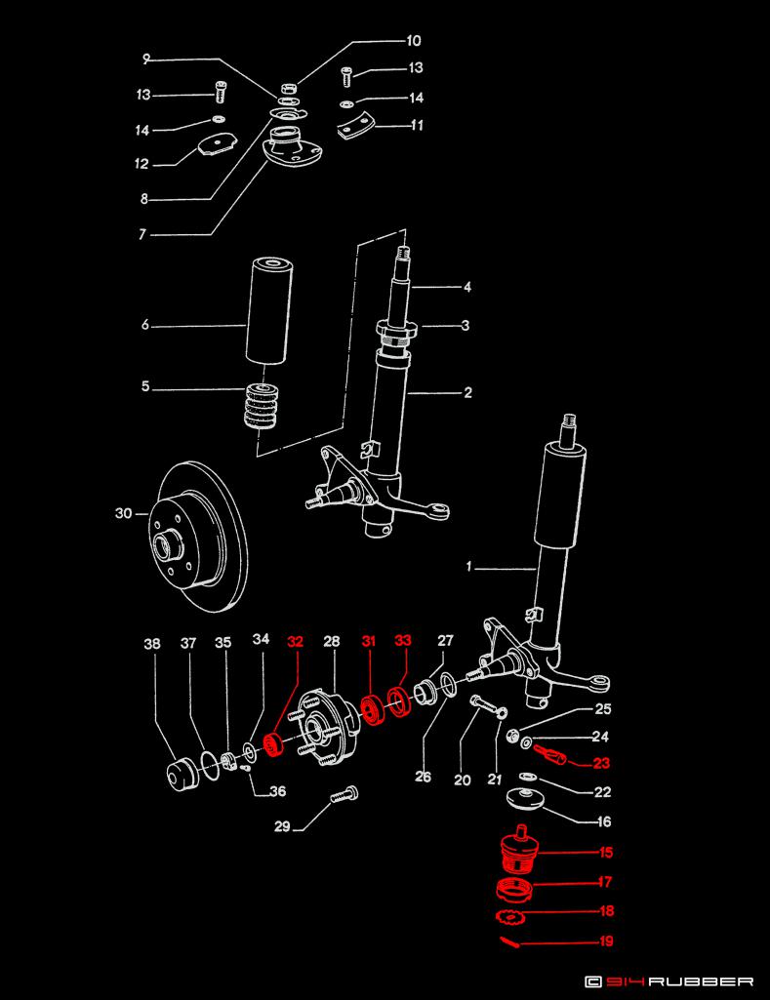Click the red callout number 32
(x=295, y=642)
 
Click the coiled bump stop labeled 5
(x=263, y=404)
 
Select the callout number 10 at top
(x=413, y=41)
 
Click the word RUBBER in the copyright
(x=702, y=981)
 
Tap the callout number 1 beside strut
(x=468, y=568)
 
